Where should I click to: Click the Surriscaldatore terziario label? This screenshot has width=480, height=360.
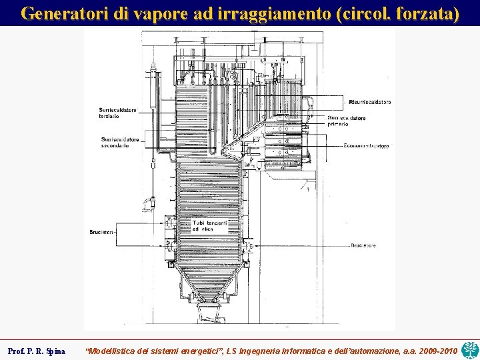pyautogui.click(x=118, y=113)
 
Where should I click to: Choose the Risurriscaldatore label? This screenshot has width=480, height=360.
pyautogui.click(x=369, y=102)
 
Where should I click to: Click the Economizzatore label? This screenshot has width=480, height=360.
pyautogui.click(x=366, y=146)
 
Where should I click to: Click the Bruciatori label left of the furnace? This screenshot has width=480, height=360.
pyautogui.click(x=102, y=231)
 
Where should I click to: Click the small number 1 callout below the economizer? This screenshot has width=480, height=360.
pyautogui.click(x=307, y=190)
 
